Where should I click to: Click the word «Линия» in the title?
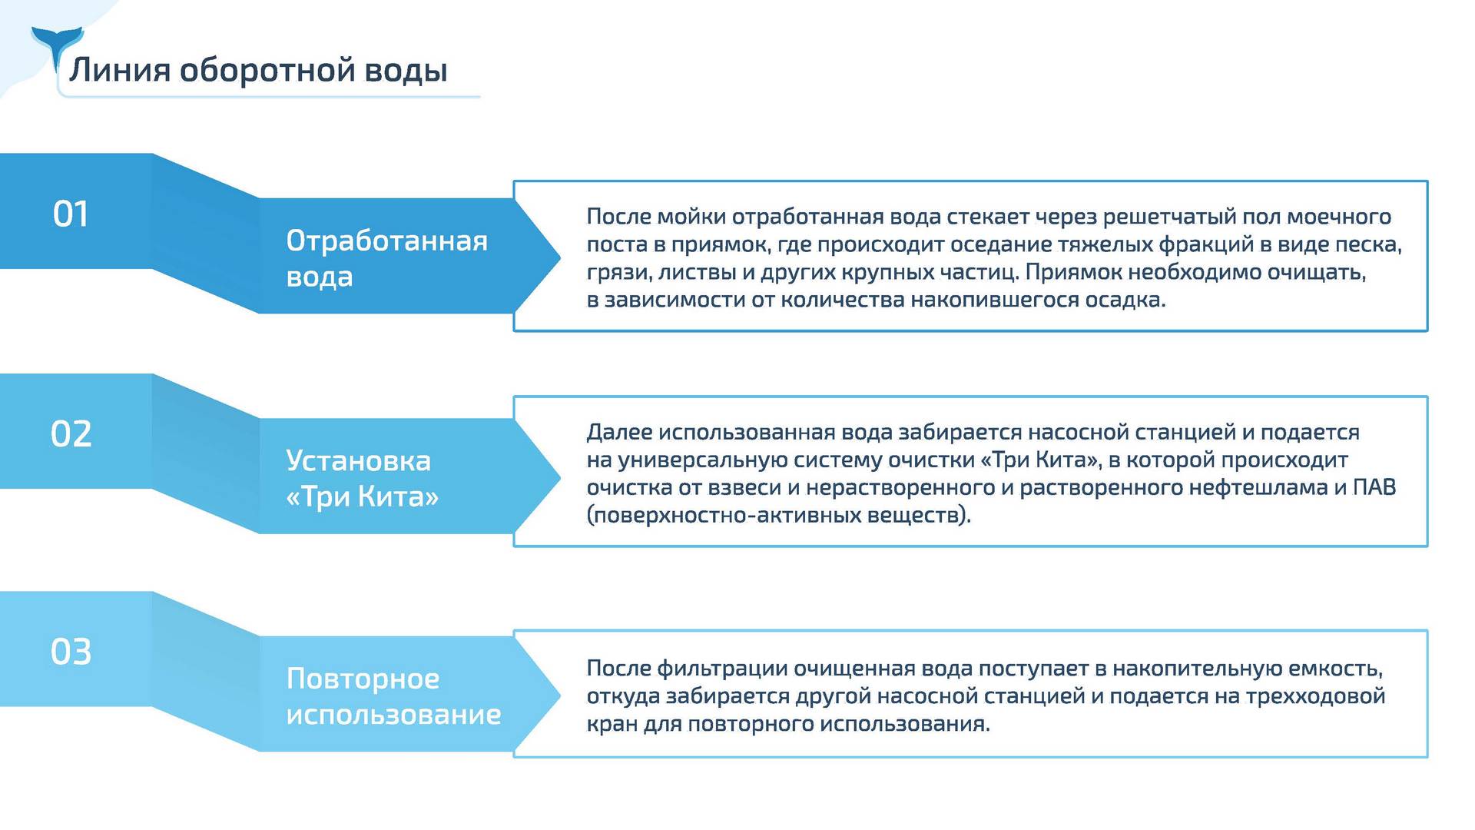(120, 70)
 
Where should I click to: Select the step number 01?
(71, 214)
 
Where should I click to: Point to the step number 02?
(71, 433)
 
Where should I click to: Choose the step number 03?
(71, 652)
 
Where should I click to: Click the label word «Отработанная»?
(387, 241)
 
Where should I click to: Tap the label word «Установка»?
(359, 460)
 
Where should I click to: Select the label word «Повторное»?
(363, 679)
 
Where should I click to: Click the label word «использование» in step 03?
(394, 715)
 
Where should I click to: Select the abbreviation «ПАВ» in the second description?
(1374, 487)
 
